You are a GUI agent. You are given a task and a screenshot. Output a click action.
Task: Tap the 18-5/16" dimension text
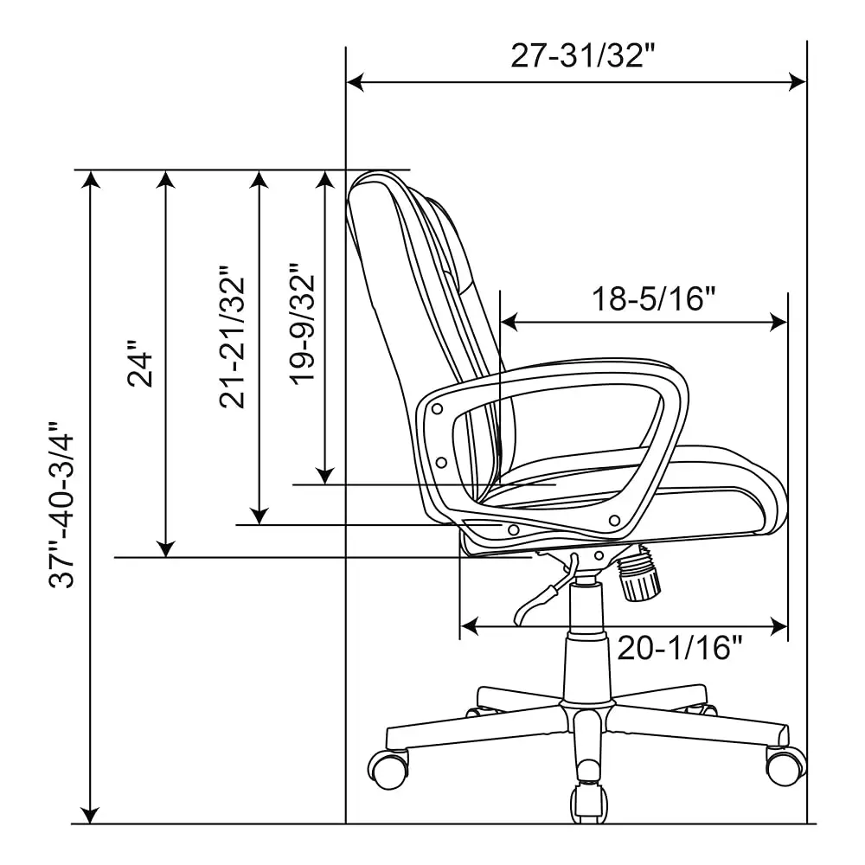[x=654, y=299]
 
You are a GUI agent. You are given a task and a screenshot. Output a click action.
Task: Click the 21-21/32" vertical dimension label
[x=233, y=342]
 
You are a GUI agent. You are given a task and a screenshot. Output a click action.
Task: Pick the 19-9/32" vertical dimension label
[x=303, y=324]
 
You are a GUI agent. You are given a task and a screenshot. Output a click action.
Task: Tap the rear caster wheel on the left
[x=389, y=767]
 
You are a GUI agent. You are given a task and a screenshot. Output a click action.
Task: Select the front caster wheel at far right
[x=785, y=765]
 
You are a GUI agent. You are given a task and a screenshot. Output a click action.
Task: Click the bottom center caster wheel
[x=587, y=802]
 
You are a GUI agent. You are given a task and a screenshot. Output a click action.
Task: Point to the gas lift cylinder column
[x=586, y=640]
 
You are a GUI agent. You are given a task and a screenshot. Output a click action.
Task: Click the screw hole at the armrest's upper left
[x=439, y=408]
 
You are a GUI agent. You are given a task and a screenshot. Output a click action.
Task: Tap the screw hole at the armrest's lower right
[x=614, y=520]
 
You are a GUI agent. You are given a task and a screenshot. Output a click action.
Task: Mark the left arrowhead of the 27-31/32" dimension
[x=353, y=82]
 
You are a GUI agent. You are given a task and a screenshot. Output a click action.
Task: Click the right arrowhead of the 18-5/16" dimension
[x=780, y=323]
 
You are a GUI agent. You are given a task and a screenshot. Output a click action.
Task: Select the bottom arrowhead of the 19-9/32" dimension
[x=324, y=477]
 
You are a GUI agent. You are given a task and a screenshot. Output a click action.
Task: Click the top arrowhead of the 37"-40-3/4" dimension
[x=90, y=178]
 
